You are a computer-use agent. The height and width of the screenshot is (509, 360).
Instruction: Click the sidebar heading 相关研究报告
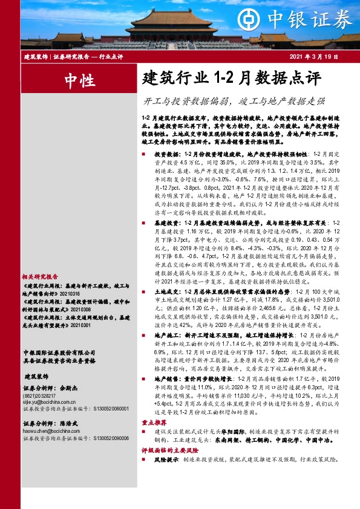coord(40,275)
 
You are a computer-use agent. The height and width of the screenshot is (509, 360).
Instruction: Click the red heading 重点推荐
coord(152,441)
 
